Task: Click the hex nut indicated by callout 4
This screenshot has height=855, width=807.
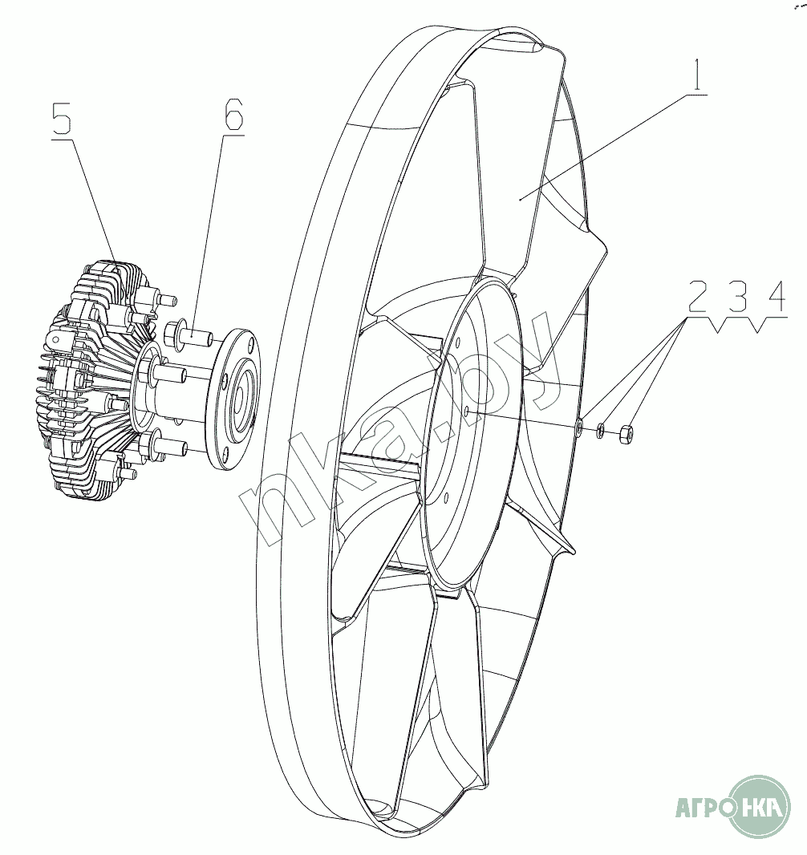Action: (628, 436)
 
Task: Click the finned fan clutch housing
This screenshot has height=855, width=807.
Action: (88, 377)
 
